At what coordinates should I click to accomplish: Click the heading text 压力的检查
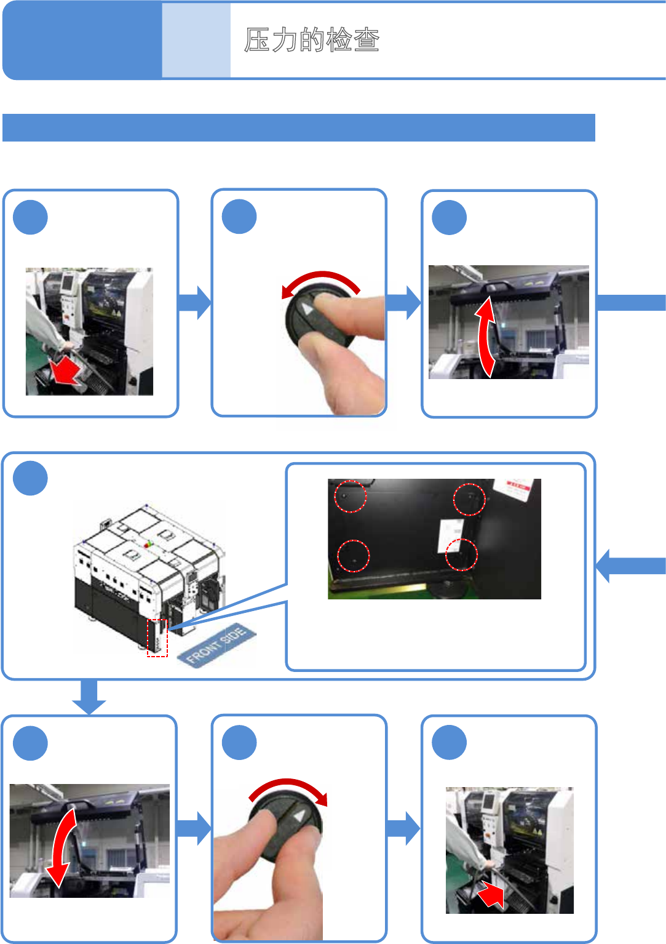click(312, 41)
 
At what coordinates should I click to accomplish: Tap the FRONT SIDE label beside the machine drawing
click(216, 644)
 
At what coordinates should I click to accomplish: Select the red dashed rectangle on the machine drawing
click(157, 638)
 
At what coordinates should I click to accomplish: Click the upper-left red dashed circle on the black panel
click(350, 496)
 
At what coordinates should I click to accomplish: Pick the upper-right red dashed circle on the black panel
click(469, 499)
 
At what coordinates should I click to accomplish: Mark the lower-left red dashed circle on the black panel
click(354, 556)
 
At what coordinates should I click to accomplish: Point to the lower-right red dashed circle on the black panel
click(461, 554)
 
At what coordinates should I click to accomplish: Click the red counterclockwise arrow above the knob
click(320, 281)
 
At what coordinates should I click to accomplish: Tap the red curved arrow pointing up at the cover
click(486, 336)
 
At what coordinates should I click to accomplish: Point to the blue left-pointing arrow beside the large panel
click(630, 566)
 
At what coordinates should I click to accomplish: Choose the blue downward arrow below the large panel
click(89, 697)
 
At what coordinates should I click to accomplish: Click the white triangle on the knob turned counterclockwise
click(307, 308)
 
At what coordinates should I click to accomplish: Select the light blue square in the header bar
click(196, 41)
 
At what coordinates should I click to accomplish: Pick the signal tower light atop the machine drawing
click(148, 545)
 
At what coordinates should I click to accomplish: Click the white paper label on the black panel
click(451, 534)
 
